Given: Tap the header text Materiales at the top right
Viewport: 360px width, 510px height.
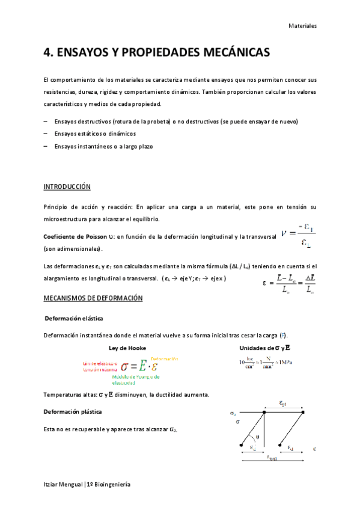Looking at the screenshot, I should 302,26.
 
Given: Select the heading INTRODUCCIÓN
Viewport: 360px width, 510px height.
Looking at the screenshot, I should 67,186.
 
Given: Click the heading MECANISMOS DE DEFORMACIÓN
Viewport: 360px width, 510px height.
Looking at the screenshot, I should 93,298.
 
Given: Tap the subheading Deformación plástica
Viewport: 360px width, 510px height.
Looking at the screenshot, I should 73,412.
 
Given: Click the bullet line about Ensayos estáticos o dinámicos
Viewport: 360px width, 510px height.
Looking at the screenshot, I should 94,134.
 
